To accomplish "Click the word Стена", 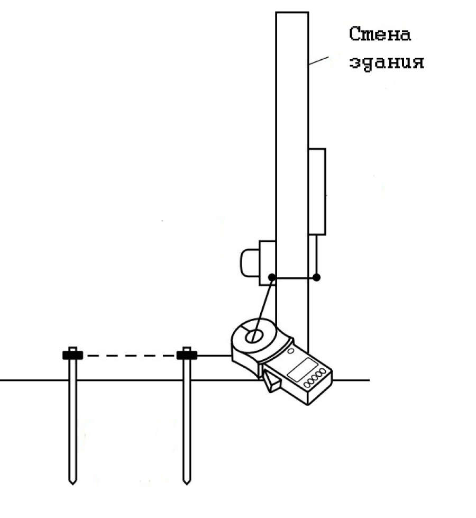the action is pos(380,34).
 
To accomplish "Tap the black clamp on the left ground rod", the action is pos(72,355).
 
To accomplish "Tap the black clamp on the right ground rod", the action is pos(187,355).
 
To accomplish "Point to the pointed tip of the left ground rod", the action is pos(72,484).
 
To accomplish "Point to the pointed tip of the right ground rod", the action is pos(187,484).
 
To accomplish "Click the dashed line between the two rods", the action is pos(130,356).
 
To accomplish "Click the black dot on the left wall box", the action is pos(272,277).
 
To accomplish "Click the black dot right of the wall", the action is pos(316,277).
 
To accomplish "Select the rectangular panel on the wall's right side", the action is pos(317,192).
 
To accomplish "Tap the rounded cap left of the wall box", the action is pos(250,263).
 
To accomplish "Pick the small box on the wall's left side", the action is pos(267,263).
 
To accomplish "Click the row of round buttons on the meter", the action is pos(315,379).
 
